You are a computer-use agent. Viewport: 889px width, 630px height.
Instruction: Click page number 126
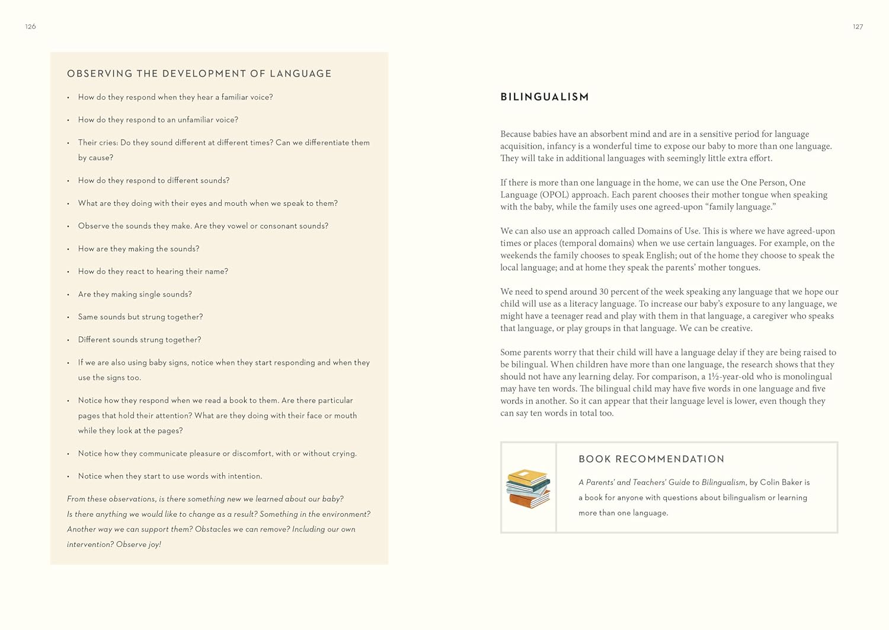(x=31, y=27)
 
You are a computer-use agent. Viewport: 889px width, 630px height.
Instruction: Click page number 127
(x=858, y=27)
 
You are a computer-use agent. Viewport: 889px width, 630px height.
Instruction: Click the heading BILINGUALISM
(x=545, y=97)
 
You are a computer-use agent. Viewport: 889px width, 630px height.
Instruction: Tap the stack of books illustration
(x=528, y=488)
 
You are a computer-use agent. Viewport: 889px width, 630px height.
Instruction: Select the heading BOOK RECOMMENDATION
(x=651, y=459)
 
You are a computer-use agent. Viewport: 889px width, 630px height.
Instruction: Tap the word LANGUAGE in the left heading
(x=300, y=74)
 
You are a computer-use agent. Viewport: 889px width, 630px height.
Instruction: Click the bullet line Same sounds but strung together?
(x=140, y=317)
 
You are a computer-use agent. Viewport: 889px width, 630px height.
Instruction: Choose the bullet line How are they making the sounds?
(x=139, y=249)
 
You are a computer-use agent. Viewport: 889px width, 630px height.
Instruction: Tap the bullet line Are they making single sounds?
(x=135, y=294)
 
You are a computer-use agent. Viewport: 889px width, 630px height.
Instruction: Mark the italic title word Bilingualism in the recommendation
(x=723, y=482)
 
